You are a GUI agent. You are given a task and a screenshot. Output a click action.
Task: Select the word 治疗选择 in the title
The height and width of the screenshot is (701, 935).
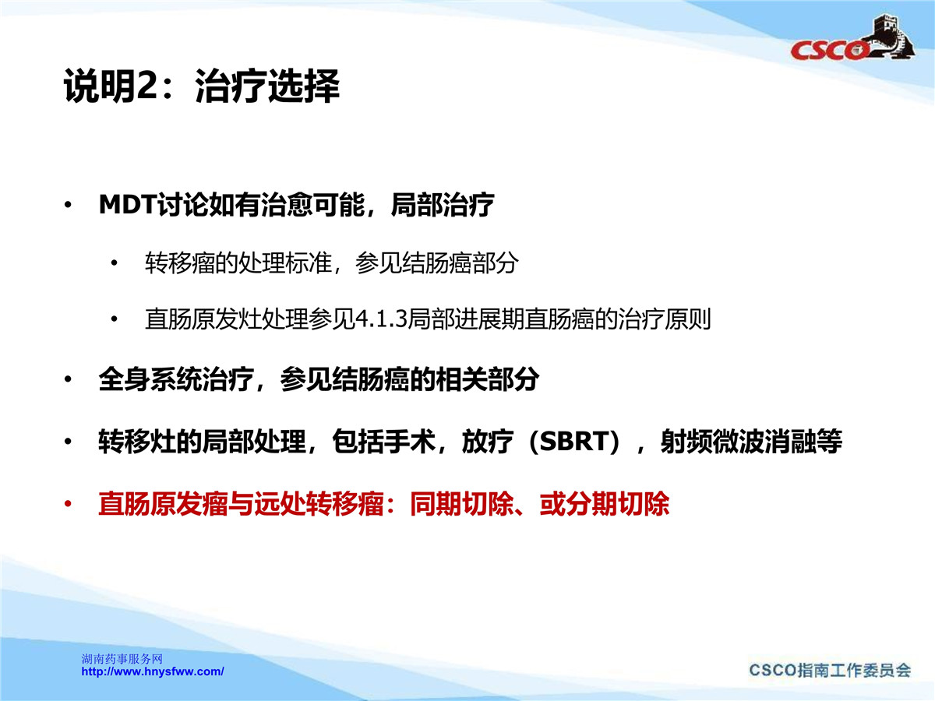pos(267,86)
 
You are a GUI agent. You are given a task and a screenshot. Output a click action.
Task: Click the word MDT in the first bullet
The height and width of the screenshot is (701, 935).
pos(128,205)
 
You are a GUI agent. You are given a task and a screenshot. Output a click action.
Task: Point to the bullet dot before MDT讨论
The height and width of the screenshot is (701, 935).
pos(68,205)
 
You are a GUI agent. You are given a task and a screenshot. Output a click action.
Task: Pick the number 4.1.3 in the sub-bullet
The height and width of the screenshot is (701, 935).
pos(381,319)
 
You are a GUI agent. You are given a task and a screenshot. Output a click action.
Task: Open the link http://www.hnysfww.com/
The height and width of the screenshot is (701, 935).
pos(153,671)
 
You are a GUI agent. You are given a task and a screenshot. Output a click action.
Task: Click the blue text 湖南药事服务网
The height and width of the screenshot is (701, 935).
pos(122,659)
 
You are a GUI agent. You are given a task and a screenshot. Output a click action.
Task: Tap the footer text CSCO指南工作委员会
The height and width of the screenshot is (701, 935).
pos(830,671)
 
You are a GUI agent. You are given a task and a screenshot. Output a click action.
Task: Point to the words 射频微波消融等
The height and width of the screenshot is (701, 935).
pos(751,441)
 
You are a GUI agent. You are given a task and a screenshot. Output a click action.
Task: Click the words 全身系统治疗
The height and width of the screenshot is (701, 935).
pos(176,379)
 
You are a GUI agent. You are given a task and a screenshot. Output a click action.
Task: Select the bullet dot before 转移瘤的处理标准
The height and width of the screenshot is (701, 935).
pos(115,263)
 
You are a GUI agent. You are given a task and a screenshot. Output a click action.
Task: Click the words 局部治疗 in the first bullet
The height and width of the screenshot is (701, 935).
pos(443,205)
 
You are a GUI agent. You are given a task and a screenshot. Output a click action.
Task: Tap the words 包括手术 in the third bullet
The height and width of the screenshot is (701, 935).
pos(384,441)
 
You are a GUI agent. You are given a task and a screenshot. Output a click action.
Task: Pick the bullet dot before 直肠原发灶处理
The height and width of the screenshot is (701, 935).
pos(115,319)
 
